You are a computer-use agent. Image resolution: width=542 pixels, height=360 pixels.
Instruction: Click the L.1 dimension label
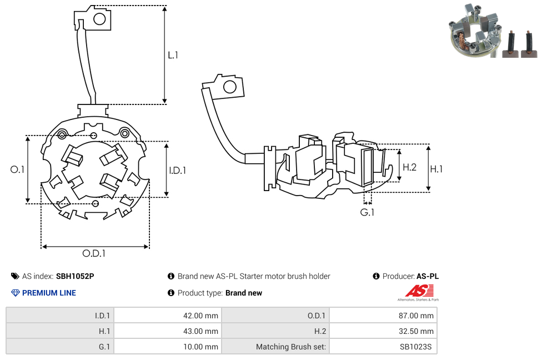(x=173, y=56)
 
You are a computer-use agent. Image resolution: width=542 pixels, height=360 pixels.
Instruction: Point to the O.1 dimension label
(x=17, y=169)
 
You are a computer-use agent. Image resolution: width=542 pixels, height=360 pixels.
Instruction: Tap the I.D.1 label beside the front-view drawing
(x=177, y=170)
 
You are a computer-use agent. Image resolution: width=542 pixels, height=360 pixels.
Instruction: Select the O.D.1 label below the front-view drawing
(x=94, y=253)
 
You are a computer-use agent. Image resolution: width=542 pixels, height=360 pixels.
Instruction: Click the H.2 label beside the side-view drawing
(x=410, y=167)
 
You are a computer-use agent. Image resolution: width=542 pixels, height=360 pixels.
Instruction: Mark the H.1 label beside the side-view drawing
(x=436, y=169)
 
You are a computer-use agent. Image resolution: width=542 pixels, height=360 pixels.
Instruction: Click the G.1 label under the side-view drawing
(x=367, y=212)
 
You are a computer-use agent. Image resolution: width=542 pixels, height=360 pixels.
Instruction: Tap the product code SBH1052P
(x=75, y=276)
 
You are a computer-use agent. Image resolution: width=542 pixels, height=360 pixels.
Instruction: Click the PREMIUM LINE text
(x=49, y=293)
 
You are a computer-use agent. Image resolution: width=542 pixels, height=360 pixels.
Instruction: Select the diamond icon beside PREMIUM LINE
(x=16, y=293)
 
